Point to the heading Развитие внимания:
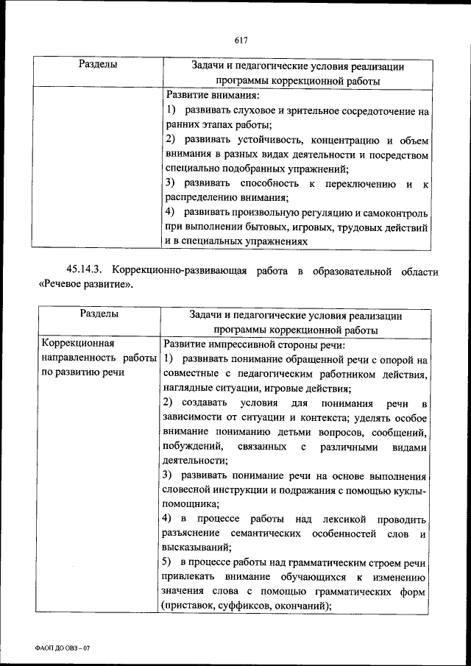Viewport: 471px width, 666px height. [212, 96]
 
